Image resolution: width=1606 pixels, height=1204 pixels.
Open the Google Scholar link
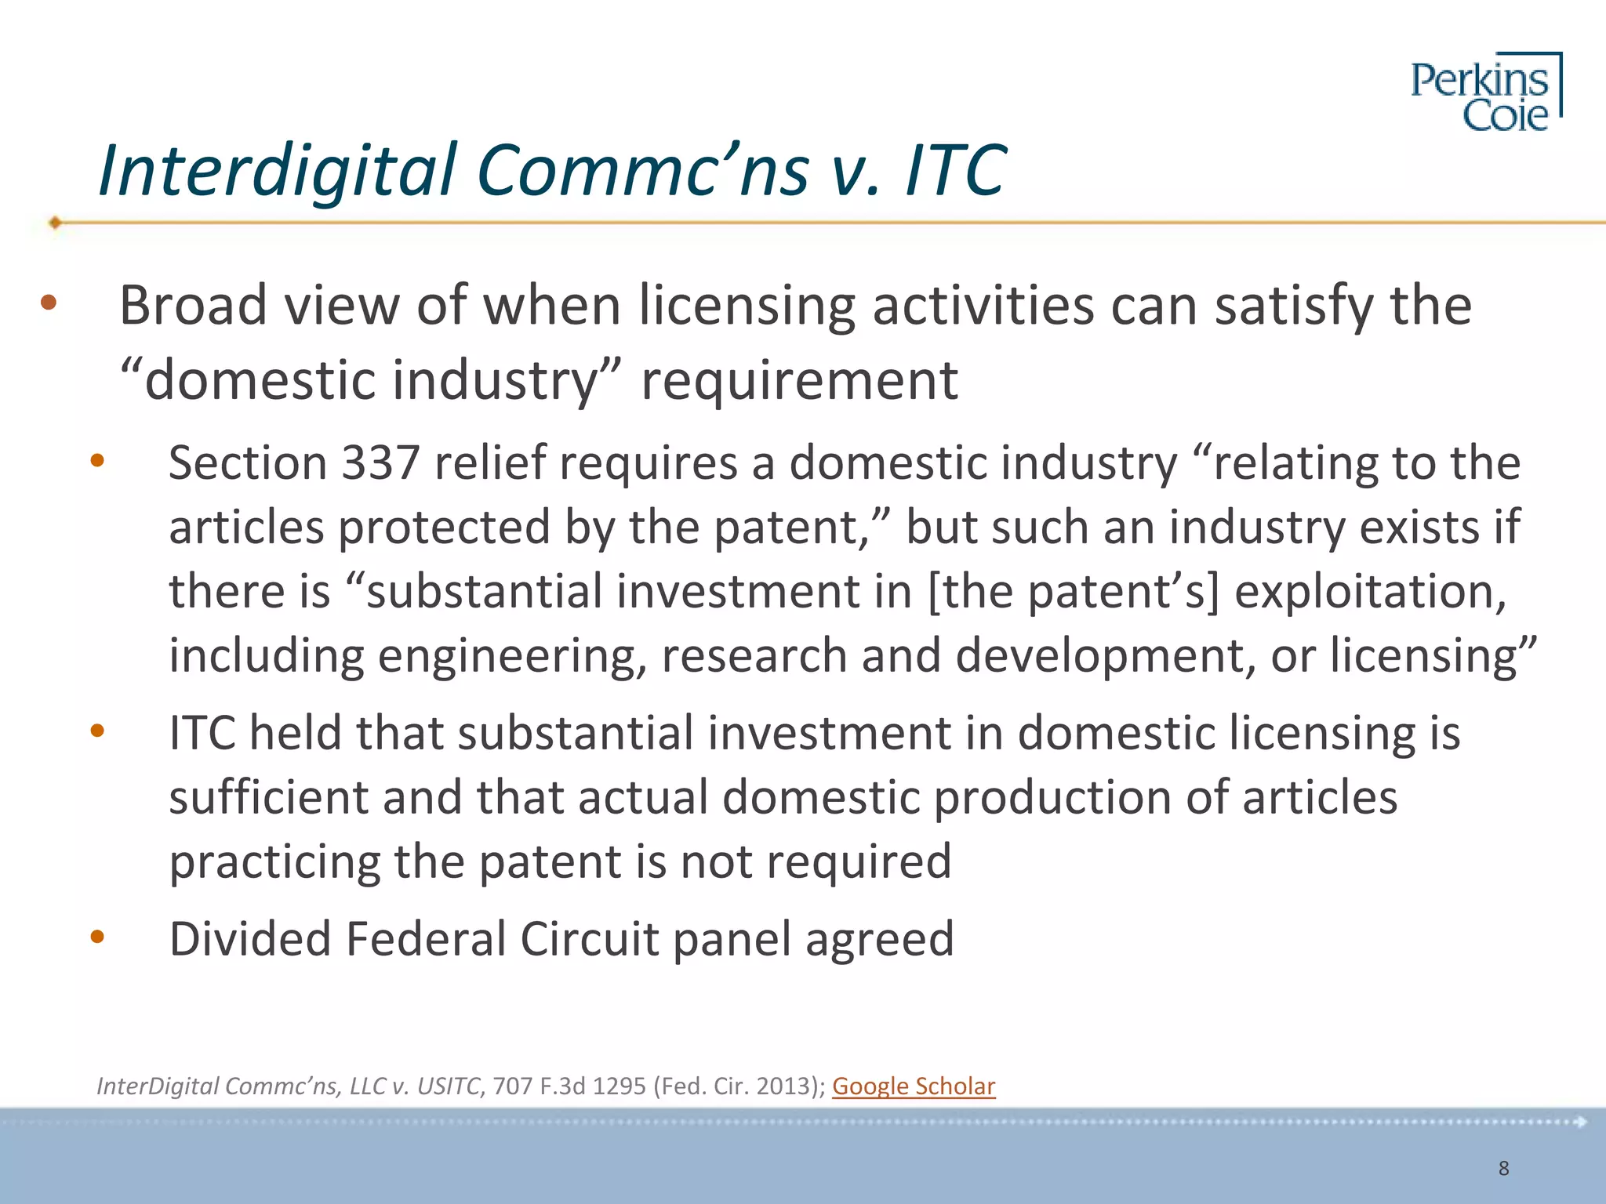coord(914,1086)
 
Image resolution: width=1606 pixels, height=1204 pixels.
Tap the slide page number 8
coord(1503,1168)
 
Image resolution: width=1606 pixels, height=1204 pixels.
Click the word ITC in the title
coord(955,170)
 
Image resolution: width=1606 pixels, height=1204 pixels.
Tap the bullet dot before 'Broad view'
coord(49,303)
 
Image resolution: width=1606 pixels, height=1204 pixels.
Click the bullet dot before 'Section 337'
coord(97,461)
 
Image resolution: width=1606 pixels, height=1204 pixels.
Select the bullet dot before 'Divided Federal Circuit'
coord(97,936)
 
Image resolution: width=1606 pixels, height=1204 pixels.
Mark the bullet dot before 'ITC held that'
coord(97,731)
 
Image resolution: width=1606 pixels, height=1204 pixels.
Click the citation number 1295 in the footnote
coord(619,1086)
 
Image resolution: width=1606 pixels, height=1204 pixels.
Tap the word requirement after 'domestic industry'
coord(799,381)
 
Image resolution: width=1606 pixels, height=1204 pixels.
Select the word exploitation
coord(1370,592)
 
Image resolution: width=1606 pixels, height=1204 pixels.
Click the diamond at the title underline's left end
coord(55,223)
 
